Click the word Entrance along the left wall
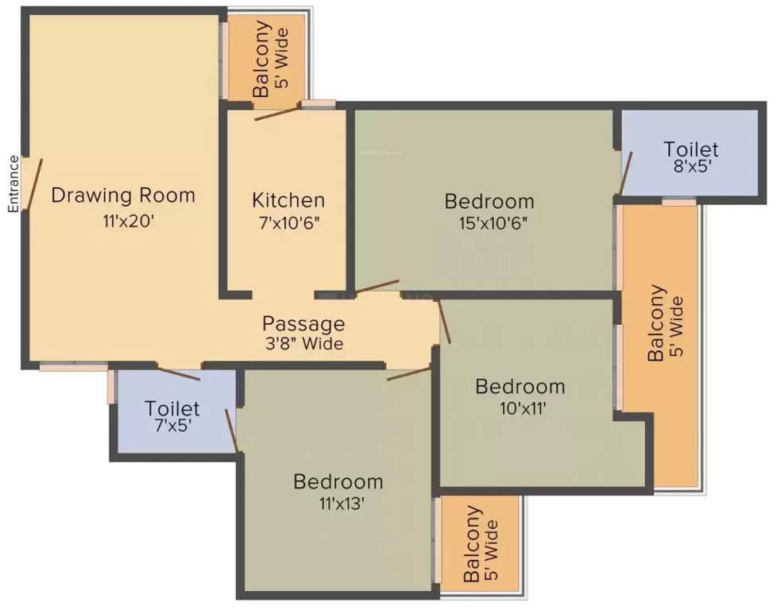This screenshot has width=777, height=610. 13,184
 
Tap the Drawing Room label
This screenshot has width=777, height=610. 123,195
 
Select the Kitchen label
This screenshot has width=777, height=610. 288,200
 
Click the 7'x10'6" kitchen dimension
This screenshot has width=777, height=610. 289,223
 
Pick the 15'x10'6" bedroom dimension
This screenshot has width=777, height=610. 492,223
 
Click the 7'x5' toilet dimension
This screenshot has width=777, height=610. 173,425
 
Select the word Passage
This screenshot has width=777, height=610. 303,324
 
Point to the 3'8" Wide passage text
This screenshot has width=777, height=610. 304,343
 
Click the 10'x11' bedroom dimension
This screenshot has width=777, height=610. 523,409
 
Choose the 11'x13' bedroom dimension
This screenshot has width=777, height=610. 342,504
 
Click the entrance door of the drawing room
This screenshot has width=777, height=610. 33,183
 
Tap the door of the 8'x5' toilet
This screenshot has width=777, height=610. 626,173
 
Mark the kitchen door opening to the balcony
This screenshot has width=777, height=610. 277,113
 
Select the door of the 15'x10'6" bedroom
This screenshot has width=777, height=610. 377,287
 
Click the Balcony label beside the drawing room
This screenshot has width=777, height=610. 261,59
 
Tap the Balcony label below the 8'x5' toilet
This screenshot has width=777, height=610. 656,323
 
